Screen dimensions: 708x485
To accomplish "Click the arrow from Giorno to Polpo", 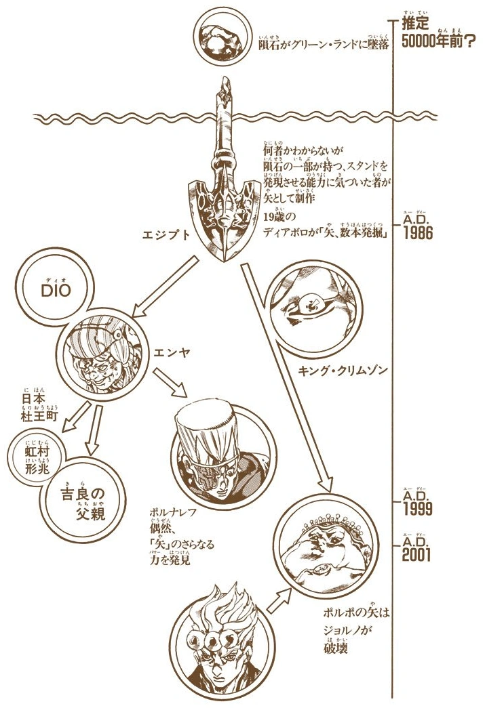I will [279, 599].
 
